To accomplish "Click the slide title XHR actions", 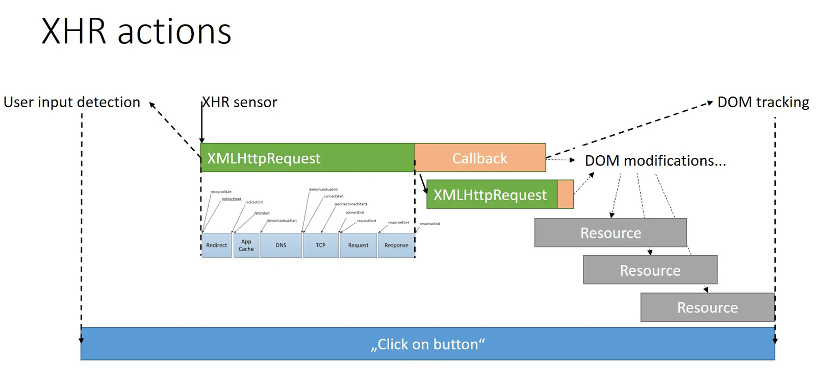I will click(x=136, y=32).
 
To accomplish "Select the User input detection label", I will click(x=72, y=102).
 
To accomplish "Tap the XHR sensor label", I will click(x=240, y=102).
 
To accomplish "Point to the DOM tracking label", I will click(x=763, y=102).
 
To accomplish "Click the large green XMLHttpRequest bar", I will click(x=307, y=158).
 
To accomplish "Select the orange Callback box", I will click(x=480, y=158).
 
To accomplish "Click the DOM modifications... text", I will click(x=655, y=161).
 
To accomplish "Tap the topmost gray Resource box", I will click(x=610, y=233).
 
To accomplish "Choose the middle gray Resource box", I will click(x=650, y=270).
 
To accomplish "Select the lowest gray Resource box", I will click(x=707, y=307).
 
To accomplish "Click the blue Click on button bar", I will click(x=427, y=344).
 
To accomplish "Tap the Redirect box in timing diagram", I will click(x=217, y=246).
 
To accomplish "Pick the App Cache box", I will click(x=246, y=246).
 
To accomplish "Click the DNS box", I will click(x=281, y=246).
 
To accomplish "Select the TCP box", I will click(x=321, y=246).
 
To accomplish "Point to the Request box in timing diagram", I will click(x=358, y=246).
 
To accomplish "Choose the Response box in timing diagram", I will click(x=396, y=246).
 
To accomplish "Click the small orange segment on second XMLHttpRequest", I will click(x=566, y=195).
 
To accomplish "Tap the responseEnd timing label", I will click(x=430, y=224).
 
